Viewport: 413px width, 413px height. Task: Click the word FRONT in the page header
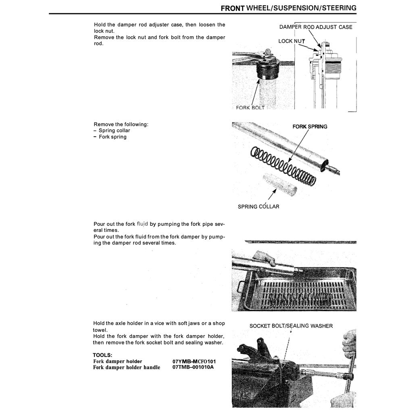[233, 8]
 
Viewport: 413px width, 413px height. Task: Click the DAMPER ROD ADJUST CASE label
[315, 27]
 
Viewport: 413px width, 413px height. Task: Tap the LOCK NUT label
[291, 41]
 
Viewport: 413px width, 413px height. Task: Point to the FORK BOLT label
[250, 108]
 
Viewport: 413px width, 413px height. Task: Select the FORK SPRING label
[310, 127]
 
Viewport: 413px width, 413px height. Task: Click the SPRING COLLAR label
[258, 206]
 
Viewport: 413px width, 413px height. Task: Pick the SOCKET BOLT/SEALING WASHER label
[291, 326]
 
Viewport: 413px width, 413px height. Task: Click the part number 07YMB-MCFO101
[194, 361]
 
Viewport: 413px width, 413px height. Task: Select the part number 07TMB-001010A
[193, 367]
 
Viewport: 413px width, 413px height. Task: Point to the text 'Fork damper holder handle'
[126, 367]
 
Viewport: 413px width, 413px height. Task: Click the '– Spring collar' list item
[112, 131]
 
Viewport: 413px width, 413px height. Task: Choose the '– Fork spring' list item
[110, 137]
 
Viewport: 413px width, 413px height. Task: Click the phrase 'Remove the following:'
[121, 124]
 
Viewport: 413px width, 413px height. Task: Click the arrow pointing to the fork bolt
[255, 91]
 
